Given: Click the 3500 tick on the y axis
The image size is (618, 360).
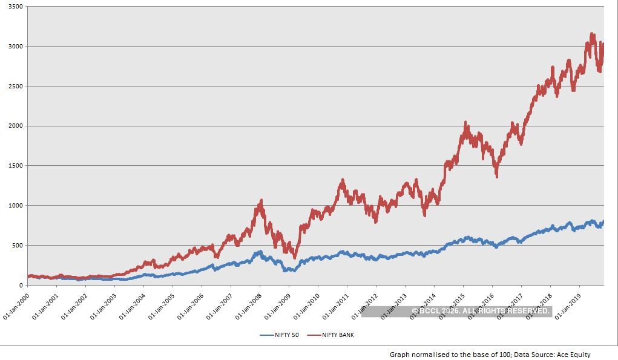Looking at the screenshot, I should [x=15, y=7].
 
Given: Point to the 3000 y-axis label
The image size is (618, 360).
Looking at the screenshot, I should [x=15, y=47].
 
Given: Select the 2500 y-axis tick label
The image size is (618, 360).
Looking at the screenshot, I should [x=15, y=87].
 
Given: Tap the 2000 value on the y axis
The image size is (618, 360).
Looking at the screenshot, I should [x=15, y=126].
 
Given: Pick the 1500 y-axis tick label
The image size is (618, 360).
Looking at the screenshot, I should [x=15, y=166].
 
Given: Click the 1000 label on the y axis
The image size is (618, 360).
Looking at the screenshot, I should [x=15, y=206].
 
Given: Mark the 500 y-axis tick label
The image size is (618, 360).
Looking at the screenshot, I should [x=17, y=246].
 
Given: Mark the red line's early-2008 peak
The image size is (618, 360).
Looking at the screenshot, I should [x=261, y=200].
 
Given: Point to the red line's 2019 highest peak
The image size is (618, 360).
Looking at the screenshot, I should [x=592, y=34].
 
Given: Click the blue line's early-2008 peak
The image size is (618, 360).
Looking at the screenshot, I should [x=260, y=251].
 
